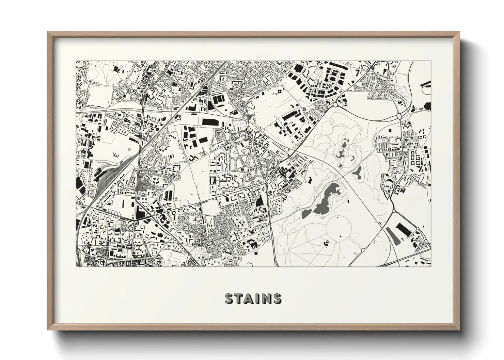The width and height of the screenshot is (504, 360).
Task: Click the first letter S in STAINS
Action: (230, 298)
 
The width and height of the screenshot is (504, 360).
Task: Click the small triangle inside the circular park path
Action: (341, 236)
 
